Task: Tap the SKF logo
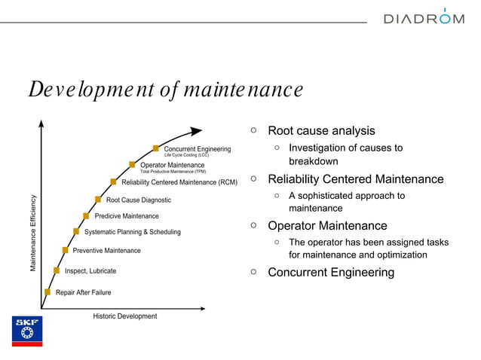tap(27, 331)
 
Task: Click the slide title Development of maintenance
tap(165, 90)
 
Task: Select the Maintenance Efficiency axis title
tap(33, 233)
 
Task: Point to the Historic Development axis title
tap(125, 316)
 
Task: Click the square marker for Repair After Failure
tap(47, 292)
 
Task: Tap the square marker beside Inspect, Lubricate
tap(57, 270)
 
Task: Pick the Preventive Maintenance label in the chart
tap(106, 250)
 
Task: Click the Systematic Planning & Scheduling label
tap(132, 232)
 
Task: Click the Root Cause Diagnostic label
tap(138, 200)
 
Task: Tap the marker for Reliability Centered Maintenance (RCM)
tap(113, 182)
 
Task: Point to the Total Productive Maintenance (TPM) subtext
tap(173, 172)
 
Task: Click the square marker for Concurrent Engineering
tap(156, 148)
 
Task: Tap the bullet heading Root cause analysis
tap(321, 131)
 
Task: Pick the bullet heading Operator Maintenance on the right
tap(327, 226)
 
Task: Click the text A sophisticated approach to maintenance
tap(346, 202)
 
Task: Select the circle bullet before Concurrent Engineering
tap(254, 272)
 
